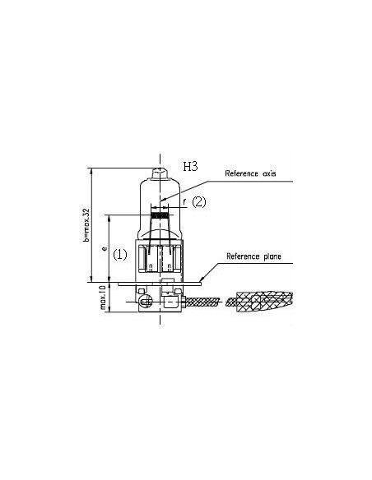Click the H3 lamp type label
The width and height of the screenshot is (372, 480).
(x=190, y=167)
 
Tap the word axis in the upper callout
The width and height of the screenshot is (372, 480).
(x=269, y=174)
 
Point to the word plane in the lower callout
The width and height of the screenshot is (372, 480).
(x=272, y=256)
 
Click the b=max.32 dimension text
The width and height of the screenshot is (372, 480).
(x=86, y=225)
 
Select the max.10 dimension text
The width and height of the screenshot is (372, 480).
(x=103, y=298)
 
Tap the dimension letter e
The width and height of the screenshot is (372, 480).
(x=105, y=248)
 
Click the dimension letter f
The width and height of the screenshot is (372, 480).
(x=184, y=201)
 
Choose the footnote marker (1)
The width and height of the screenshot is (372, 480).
(x=120, y=255)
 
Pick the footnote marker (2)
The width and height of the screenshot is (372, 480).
(x=199, y=202)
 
